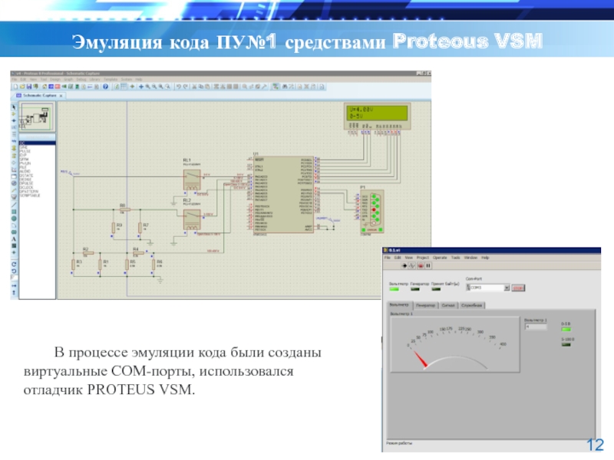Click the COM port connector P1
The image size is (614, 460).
[x=373, y=209]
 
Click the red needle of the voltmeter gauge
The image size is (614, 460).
[x=421, y=360]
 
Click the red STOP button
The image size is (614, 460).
[x=518, y=287]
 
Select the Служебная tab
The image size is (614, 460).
[x=473, y=304]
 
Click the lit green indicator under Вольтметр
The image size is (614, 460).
[x=394, y=289]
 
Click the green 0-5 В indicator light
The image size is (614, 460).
[x=567, y=328]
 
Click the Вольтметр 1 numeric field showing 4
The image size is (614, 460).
[x=535, y=327]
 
